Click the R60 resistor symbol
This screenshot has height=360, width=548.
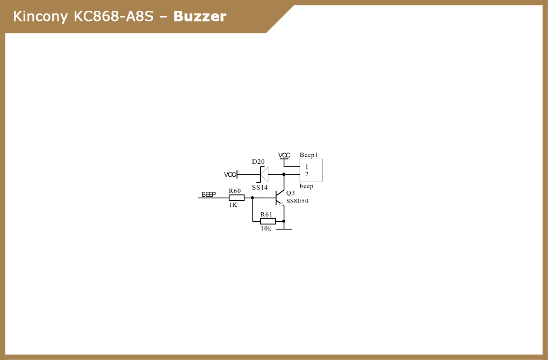tap(236, 198)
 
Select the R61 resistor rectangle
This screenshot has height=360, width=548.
tap(268, 221)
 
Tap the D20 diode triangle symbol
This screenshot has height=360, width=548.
tap(264, 175)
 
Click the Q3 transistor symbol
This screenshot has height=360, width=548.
tap(279, 198)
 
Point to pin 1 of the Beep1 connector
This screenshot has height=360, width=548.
tap(306, 167)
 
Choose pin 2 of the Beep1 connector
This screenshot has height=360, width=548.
tap(306, 175)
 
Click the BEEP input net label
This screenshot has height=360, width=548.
tap(208, 195)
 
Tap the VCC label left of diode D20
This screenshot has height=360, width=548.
tap(230, 175)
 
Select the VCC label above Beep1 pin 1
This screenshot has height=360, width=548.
tap(284, 155)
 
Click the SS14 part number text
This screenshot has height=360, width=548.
tap(260, 188)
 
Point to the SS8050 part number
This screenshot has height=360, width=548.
tap(298, 201)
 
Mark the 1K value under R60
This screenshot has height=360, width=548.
tap(233, 205)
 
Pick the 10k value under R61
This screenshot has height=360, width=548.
tap(266, 228)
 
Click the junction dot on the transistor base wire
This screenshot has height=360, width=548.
tap(253, 198)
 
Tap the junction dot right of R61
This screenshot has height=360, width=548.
tap(284, 221)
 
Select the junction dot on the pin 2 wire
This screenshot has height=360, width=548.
tap(284, 175)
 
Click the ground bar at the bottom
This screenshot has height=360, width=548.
tap(284, 229)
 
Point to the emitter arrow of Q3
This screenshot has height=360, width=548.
tap(282, 204)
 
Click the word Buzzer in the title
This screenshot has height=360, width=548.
tap(200, 17)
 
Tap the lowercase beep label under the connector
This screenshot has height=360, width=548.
tap(306, 186)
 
